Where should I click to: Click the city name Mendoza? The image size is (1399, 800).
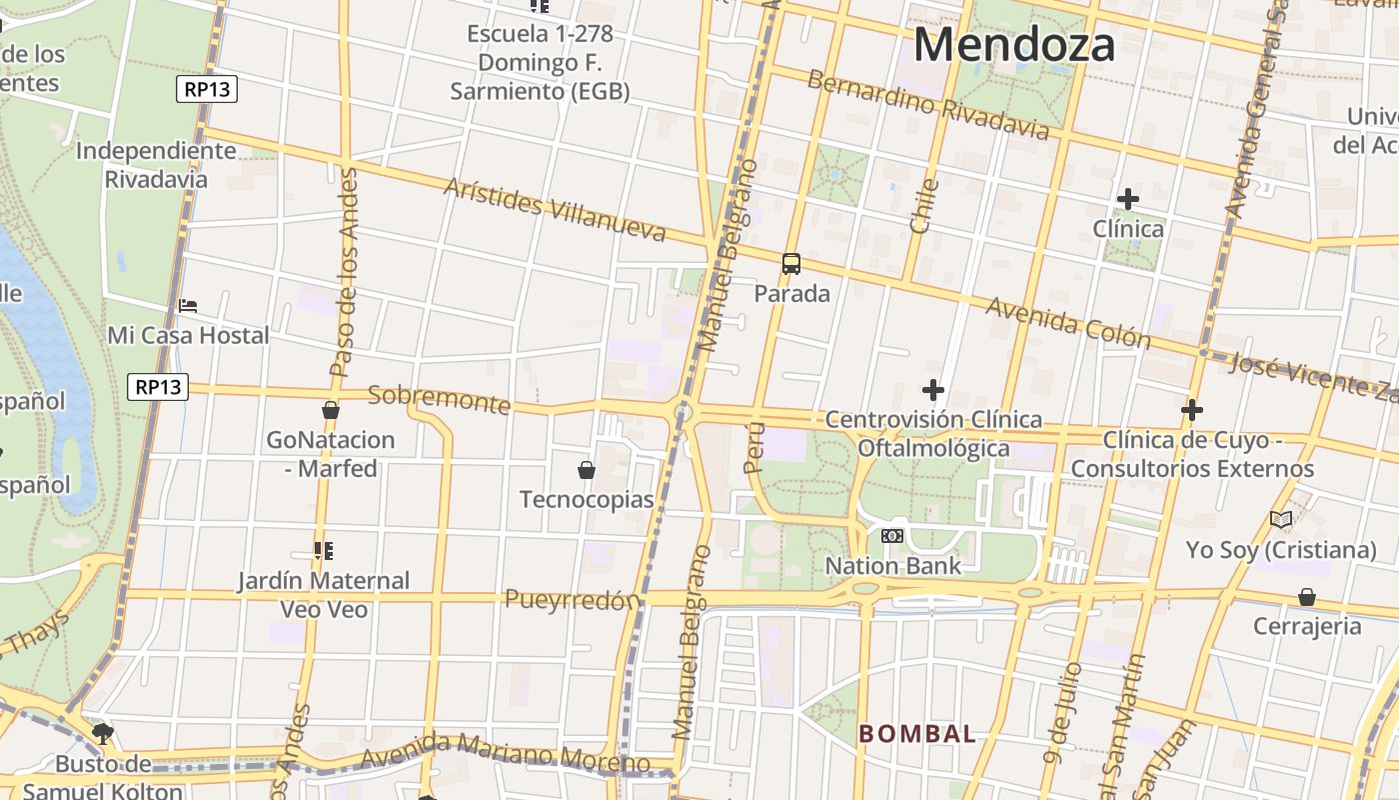1013,45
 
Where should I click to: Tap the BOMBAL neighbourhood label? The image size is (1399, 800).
917,734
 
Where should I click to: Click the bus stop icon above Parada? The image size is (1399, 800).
791,264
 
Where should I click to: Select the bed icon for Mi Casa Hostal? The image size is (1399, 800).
188,306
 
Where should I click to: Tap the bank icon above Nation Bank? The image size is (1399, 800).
892,536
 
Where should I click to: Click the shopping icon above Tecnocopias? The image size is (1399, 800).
587,470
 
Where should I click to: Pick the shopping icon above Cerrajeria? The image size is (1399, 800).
1306,597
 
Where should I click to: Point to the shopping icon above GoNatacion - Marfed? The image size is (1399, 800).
331,410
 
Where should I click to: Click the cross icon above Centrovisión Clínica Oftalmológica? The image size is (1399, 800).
933,390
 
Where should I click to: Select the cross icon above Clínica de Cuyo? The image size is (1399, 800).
1191,410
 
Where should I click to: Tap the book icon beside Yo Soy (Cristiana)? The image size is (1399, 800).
1281,519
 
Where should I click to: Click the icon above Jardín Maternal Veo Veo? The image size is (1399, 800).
323,551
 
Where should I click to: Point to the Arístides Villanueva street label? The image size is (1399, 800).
555,210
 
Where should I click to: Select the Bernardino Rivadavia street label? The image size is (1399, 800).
928,105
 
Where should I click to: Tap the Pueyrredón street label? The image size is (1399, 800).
572,600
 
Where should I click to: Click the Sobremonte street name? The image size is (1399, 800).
440,399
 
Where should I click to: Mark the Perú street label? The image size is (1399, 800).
754,447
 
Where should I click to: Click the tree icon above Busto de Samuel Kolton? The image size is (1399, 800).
102,734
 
